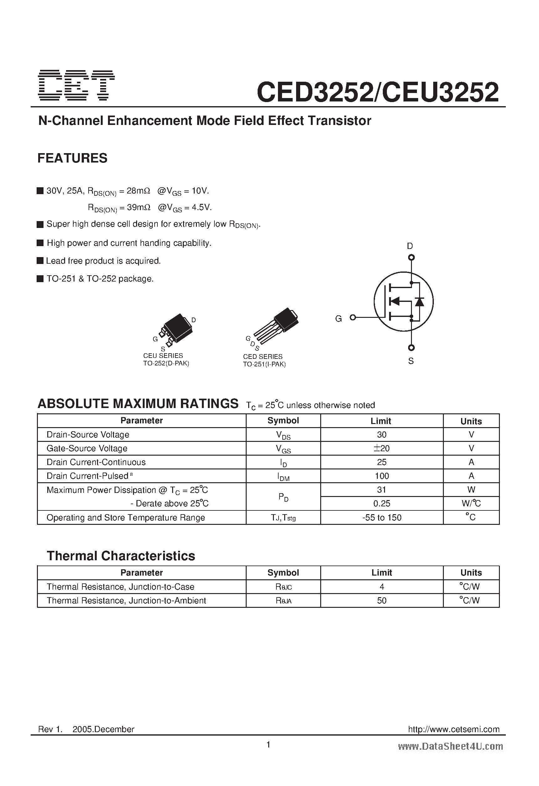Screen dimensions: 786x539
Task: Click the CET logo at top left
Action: [76, 85]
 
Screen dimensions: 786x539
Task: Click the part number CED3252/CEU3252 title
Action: [377, 92]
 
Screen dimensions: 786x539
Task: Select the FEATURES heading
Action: [72, 158]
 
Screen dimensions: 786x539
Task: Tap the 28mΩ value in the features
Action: [138, 191]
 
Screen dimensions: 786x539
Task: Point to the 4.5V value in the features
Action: [202, 207]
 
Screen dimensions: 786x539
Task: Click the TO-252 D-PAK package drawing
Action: [176, 329]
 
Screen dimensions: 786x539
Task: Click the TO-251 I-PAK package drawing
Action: [275, 326]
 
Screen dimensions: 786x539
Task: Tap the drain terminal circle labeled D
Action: [411, 257]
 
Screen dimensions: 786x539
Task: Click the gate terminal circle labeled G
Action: [353, 317]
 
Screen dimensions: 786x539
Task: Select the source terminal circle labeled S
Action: [411, 348]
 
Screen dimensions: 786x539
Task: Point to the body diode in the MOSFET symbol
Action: [420, 301]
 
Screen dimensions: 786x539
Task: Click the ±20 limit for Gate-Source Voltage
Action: [382, 448]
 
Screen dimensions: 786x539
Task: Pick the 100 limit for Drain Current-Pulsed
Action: [382, 476]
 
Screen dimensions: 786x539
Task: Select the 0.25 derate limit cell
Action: [382, 504]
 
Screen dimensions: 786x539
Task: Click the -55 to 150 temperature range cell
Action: [382, 518]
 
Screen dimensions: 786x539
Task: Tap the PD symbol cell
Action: [283, 497]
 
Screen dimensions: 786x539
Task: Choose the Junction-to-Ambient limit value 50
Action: [382, 601]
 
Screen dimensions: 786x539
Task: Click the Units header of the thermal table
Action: [471, 572]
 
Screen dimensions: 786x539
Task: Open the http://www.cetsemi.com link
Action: [454, 729]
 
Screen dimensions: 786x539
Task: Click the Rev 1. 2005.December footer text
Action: [86, 729]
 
